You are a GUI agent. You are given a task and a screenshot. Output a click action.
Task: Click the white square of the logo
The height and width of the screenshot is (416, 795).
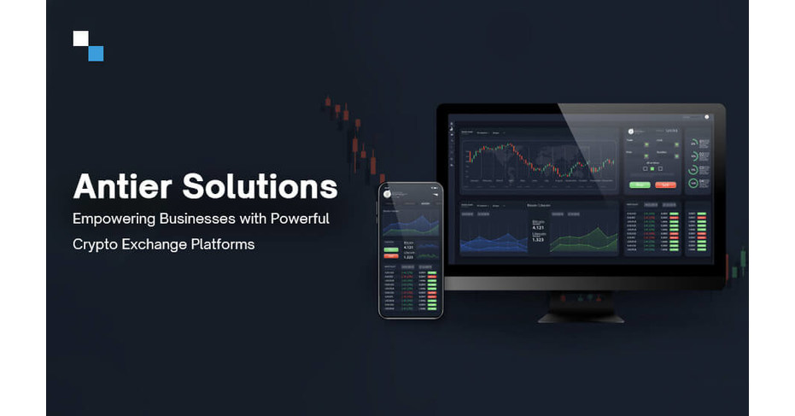[x=81, y=38]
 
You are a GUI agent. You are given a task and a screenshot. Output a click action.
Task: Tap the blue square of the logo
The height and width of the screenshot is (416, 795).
[x=96, y=53]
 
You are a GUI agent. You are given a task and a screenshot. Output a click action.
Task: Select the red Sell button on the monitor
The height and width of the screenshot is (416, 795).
[x=665, y=184]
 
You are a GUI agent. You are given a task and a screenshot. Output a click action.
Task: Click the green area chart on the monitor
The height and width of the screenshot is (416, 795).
[x=584, y=239]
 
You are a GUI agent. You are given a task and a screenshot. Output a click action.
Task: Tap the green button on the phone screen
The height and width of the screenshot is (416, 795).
[x=392, y=248]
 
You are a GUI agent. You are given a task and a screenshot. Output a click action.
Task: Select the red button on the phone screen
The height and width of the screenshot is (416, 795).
[x=392, y=255]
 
